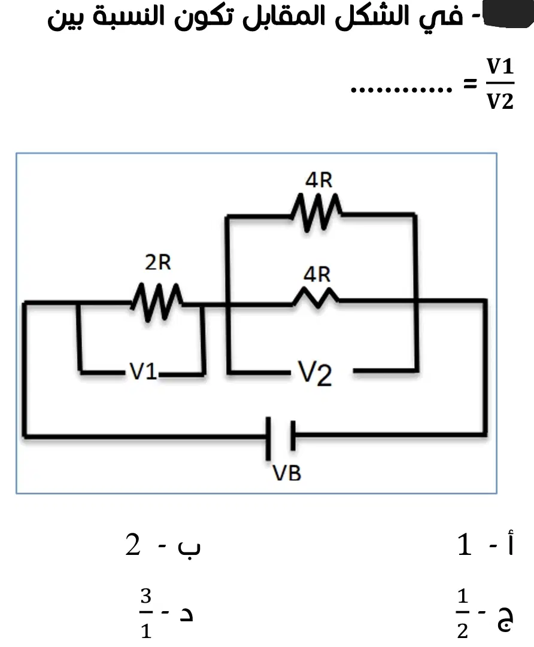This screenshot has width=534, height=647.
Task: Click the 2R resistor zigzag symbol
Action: click(x=157, y=301)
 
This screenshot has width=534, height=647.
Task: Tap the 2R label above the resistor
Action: click(x=158, y=263)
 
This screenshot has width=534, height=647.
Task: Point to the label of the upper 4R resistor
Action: click(x=319, y=180)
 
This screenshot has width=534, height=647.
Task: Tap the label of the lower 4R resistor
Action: click(x=317, y=274)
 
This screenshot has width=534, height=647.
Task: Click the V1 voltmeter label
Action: click(x=143, y=371)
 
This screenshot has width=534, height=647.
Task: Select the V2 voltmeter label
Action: click(x=315, y=373)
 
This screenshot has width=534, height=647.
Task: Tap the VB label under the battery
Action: click(x=287, y=473)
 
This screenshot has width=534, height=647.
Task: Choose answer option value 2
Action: click(x=133, y=545)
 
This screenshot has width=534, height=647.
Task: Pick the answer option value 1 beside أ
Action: click(x=465, y=544)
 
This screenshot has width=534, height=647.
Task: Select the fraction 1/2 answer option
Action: click(x=463, y=614)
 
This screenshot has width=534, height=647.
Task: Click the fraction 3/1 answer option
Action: click(x=146, y=614)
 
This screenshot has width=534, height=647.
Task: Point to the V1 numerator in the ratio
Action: click(x=500, y=66)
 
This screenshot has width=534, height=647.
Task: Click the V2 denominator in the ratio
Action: click(x=500, y=101)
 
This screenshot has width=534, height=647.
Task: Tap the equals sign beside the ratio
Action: click(x=469, y=84)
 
